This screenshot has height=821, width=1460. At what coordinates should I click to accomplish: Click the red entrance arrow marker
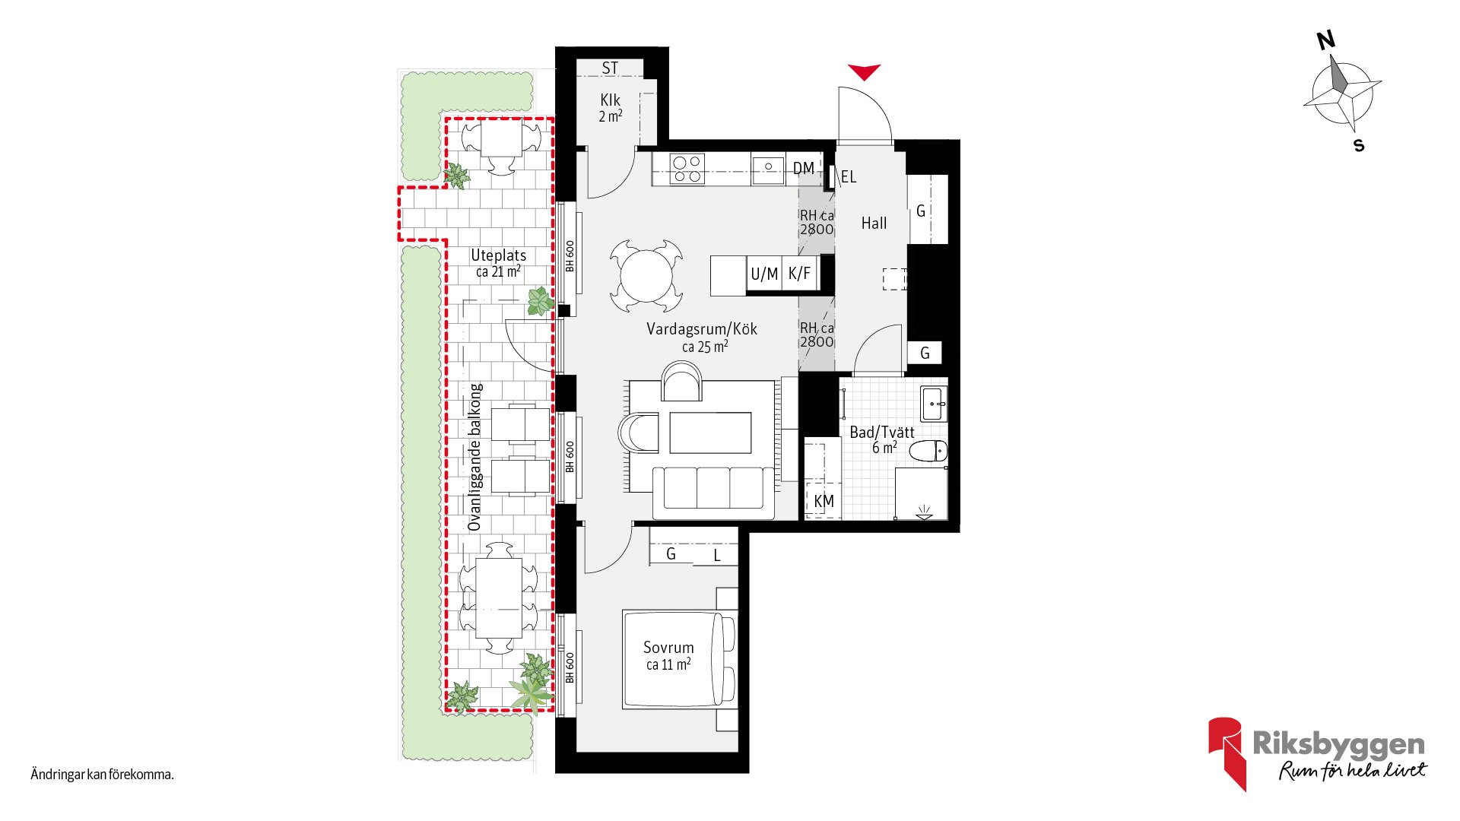click(865, 71)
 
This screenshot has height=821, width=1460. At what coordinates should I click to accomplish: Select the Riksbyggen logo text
click(1338, 744)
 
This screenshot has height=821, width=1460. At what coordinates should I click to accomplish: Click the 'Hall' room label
click(874, 223)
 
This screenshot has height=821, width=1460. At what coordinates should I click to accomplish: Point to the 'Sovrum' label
click(668, 648)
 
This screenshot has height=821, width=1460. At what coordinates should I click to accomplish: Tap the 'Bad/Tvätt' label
click(882, 433)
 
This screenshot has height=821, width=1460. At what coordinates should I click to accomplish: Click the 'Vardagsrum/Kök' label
click(702, 329)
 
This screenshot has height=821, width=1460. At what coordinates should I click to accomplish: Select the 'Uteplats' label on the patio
click(498, 255)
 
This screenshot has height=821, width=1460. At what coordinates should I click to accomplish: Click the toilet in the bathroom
click(928, 451)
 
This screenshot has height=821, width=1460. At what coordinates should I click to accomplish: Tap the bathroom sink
click(935, 404)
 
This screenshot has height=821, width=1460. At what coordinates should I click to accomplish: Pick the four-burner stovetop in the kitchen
click(687, 169)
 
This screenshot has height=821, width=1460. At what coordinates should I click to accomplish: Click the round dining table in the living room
click(646, 276)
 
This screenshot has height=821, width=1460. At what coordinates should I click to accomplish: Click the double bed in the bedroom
click(679, 659)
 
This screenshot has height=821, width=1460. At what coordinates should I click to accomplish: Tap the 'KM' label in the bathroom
click(824, 502)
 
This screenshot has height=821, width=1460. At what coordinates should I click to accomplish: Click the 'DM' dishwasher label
click(803, 168)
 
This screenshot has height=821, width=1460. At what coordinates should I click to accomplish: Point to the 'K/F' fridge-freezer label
click(799, 274)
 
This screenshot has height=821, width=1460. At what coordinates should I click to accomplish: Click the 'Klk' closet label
click(610, 100)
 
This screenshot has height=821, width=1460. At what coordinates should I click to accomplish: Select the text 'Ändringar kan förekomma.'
click(102, 775)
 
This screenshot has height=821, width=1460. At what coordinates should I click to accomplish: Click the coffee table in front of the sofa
click(710, 433)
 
